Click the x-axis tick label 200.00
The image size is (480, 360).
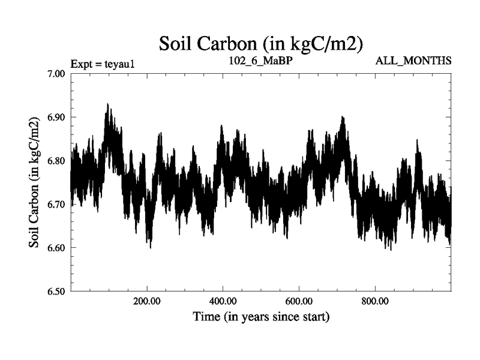(x=147, y=301)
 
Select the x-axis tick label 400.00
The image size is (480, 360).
(x=223, y=301)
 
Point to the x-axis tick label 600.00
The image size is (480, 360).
(x=299, y=301)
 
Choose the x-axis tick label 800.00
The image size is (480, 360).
(x=374, y=301)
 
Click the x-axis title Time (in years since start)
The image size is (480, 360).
(x=261, y=316)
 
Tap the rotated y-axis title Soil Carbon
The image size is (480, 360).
(x=35, y=182)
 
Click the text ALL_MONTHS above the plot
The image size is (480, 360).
(x=413, y=61)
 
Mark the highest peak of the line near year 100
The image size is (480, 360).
(x=107, y=104)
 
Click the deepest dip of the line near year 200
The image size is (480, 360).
(x=150, y=248)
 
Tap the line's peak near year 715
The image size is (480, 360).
(x=342, y=117)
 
